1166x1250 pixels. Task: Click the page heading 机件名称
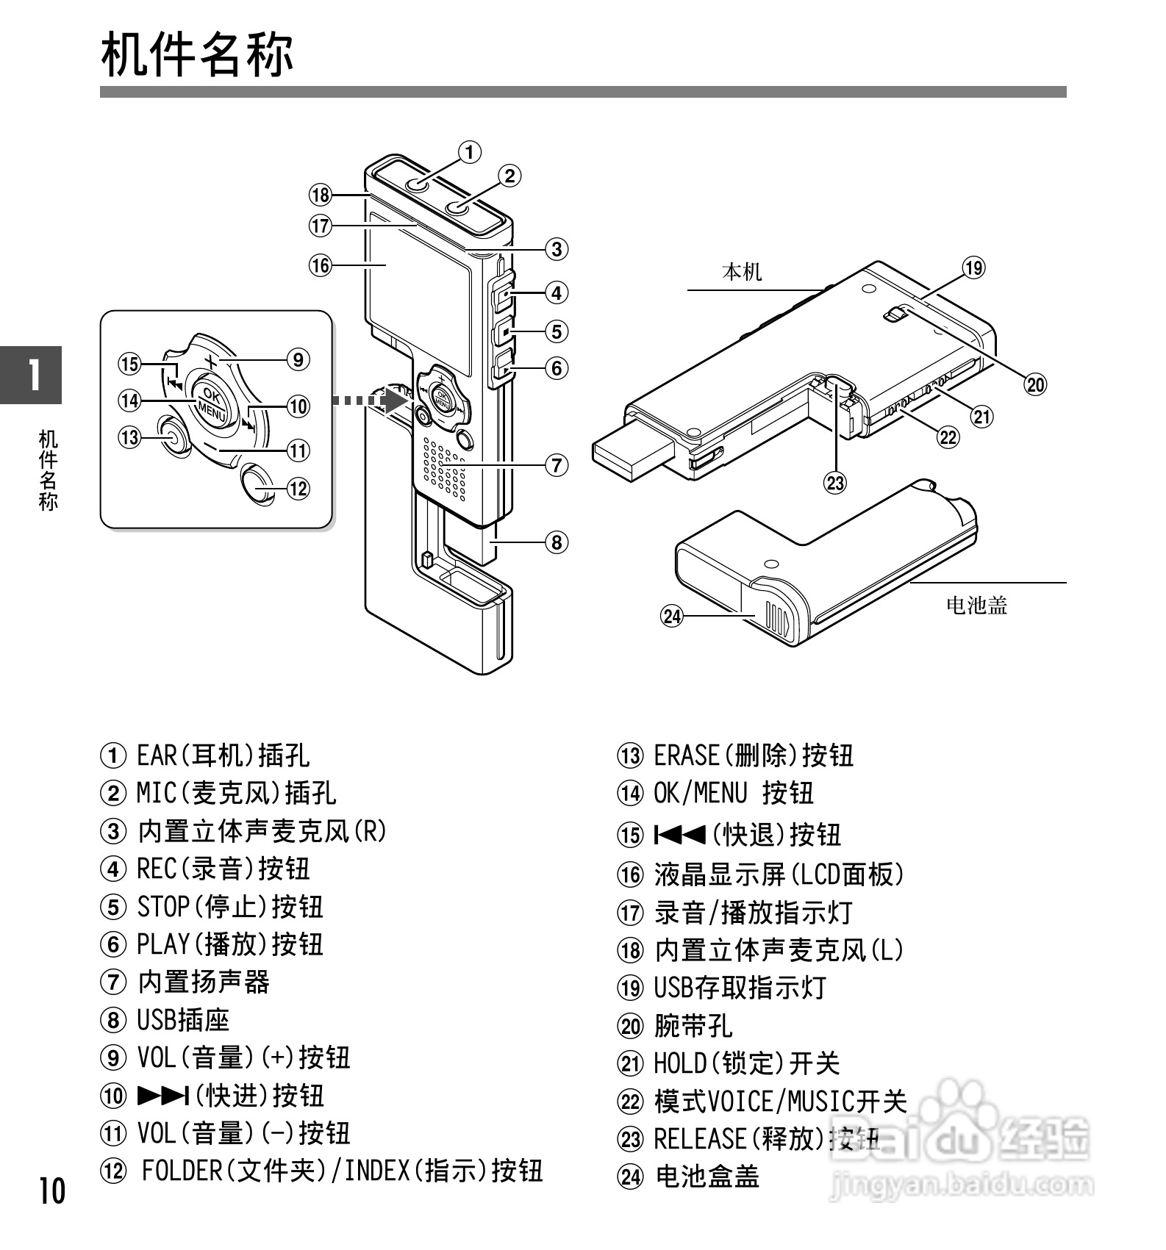(197, 54)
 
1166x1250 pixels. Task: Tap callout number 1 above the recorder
(469, 152)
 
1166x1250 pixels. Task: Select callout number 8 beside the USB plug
(557, 542)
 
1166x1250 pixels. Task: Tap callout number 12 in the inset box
(298, 488)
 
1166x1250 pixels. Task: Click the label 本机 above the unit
(742, 273)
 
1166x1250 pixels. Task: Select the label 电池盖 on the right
(976, 606)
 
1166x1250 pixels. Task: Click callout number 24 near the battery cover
(672, 616)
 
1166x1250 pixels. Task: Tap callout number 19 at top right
(973, 268)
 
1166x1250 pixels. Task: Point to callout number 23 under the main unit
(835, 483)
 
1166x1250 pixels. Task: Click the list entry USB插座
(183, 1020)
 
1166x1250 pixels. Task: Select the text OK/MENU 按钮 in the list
(733, 794)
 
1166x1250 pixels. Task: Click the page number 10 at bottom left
(51, 1191)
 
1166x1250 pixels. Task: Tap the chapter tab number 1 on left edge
(32, 375)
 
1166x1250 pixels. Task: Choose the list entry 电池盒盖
(707, 1177)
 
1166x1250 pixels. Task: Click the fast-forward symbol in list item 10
(163, 1096)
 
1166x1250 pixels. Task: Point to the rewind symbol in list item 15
(680, 835)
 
